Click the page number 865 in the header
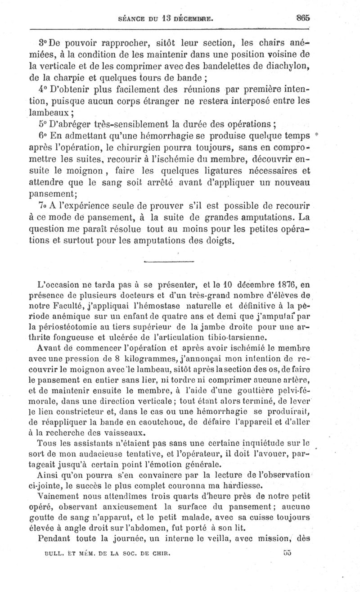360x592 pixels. coord(303,18)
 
